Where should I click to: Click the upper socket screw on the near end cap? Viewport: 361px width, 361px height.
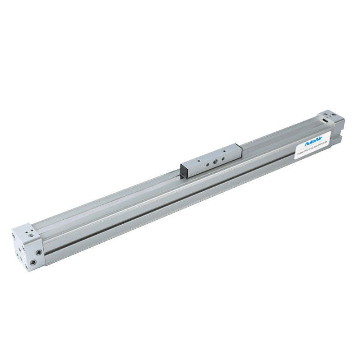click(x=38, y=253)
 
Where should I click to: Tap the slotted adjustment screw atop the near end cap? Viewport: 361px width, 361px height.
click(x=31, y=235)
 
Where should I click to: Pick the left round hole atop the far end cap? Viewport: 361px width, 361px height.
click(x=325, y=114)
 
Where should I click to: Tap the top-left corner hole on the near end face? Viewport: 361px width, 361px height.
click(x=14, y=237)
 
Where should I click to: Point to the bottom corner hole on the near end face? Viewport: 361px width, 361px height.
click(x=26, y=268)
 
